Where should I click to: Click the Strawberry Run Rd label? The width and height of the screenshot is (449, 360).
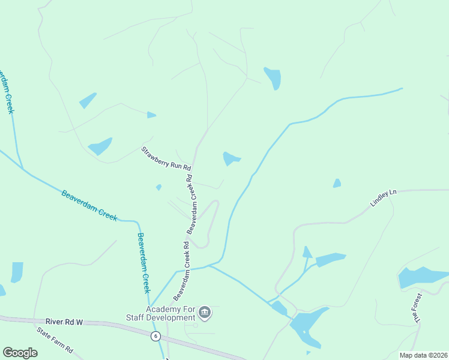[x=166, y=158]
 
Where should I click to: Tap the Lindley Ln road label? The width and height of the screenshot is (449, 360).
[x=384, y=199]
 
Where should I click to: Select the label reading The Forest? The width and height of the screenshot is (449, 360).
[x=417, y=309]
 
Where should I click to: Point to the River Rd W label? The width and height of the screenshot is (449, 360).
[x=63, y=322]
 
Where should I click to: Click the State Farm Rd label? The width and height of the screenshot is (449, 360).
[x=55, y=340]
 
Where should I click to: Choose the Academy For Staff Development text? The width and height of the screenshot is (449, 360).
[x=162, y=313]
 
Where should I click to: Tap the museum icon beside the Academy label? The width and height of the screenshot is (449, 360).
[x=205, y=313]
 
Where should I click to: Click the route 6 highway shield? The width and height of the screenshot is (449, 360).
[x=155, y=336]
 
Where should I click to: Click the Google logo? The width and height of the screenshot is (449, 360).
[x=20, y=352]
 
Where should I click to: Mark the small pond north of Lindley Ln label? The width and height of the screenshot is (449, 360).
[x=337, y=184]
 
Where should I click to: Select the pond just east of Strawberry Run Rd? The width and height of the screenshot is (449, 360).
[x=231, y=159]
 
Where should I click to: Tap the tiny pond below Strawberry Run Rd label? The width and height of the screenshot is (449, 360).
[x=158, y=187]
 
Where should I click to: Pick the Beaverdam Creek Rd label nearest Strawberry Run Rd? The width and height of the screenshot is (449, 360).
[x=191, y=204]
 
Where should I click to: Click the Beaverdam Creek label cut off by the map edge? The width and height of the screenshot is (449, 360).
[x=6, y=90]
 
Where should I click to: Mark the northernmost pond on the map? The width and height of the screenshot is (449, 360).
[x=273, y=77]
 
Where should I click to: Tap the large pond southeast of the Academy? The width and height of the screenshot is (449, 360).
[x=308, y=323]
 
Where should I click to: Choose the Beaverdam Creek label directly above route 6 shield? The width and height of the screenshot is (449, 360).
[x=143, y=262]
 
